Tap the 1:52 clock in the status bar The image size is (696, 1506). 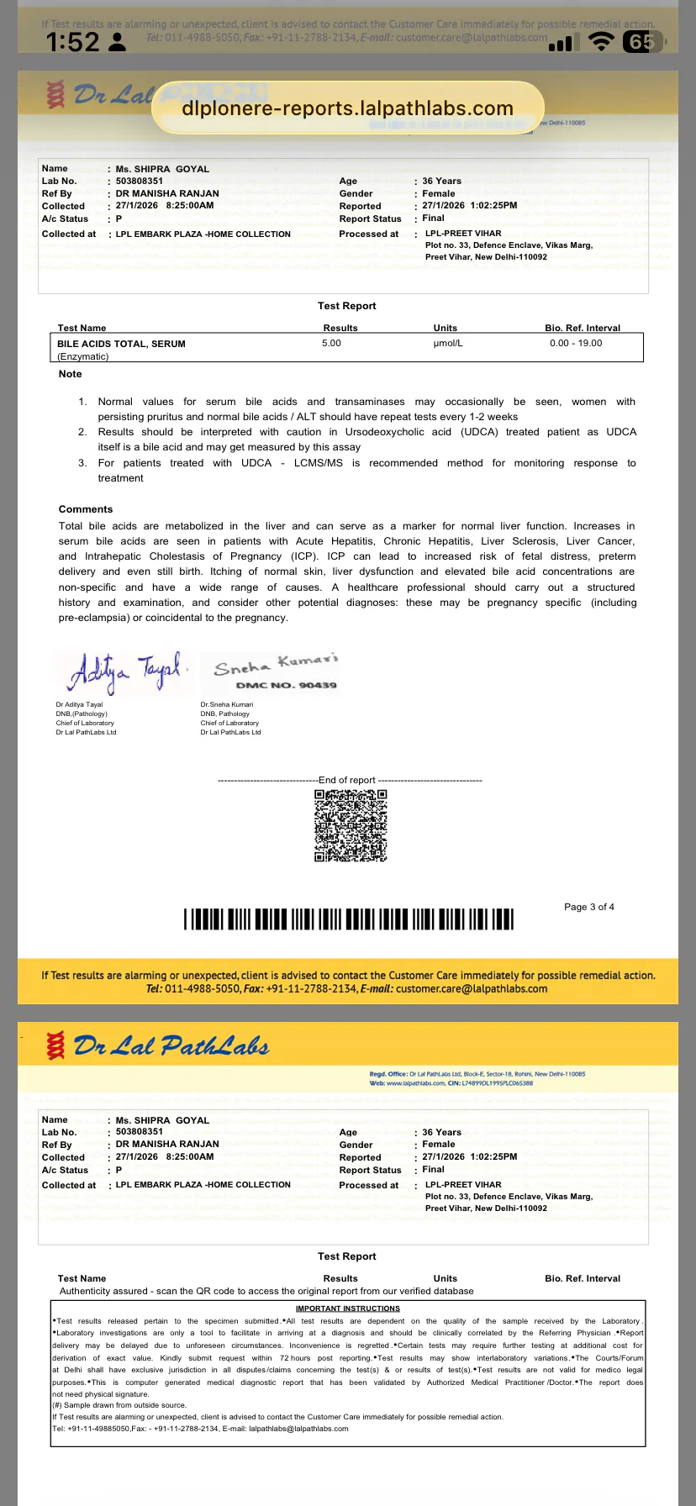72,42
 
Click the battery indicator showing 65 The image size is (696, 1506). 643,42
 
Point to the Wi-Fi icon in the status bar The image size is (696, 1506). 601,42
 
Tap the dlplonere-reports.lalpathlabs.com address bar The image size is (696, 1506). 347,108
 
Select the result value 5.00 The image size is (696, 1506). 331,343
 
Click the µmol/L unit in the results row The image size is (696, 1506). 447,343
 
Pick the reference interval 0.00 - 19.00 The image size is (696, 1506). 576,343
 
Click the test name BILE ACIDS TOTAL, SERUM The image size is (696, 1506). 121,344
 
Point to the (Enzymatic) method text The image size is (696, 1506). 83,356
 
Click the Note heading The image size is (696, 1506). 71,374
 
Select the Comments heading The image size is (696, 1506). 86,509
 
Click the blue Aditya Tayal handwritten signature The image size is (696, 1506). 124,672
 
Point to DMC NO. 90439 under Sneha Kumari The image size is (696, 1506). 286,685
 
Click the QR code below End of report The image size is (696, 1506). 351,825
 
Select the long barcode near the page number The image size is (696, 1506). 348,919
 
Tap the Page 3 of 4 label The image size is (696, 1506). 588,907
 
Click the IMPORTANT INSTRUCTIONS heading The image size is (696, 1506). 347,1309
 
